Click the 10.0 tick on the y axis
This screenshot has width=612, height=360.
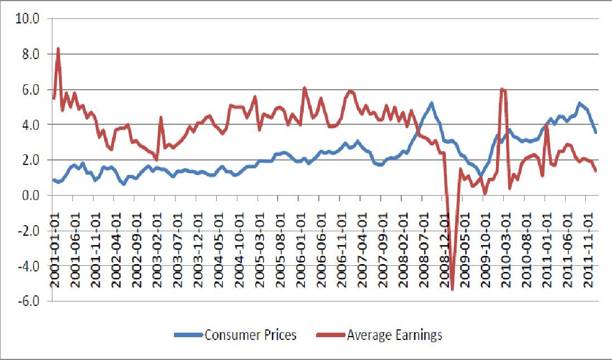(27, 19)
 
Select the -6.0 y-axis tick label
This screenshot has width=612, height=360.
(27, 301)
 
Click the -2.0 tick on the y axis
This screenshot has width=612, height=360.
(27, 231)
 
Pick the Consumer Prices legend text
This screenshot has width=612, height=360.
(250, 335)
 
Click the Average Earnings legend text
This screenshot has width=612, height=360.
(394, 335)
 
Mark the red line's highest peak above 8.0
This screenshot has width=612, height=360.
(58, 48)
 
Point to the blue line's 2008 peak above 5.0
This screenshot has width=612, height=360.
(431, 103)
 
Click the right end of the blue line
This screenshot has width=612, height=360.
(596, 132)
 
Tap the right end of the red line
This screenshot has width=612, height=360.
(596, 171)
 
